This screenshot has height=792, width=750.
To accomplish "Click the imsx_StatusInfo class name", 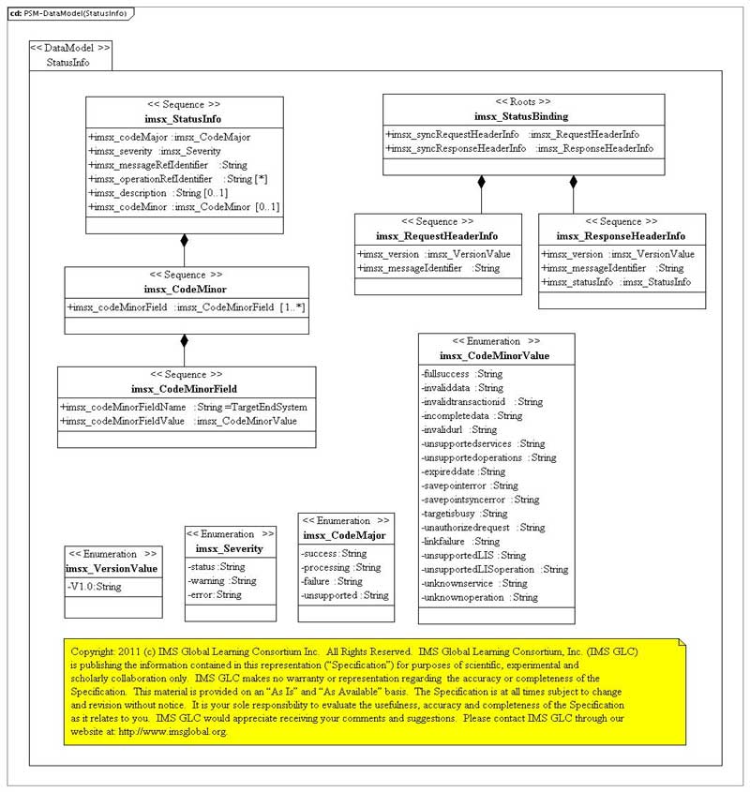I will (x=184, y=119).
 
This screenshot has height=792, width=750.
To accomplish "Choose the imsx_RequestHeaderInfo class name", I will (x=437, y=236).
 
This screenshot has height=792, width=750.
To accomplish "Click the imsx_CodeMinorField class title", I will (x=184, y=389).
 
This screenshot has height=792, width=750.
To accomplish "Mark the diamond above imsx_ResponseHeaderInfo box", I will (x=574, y=182).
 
